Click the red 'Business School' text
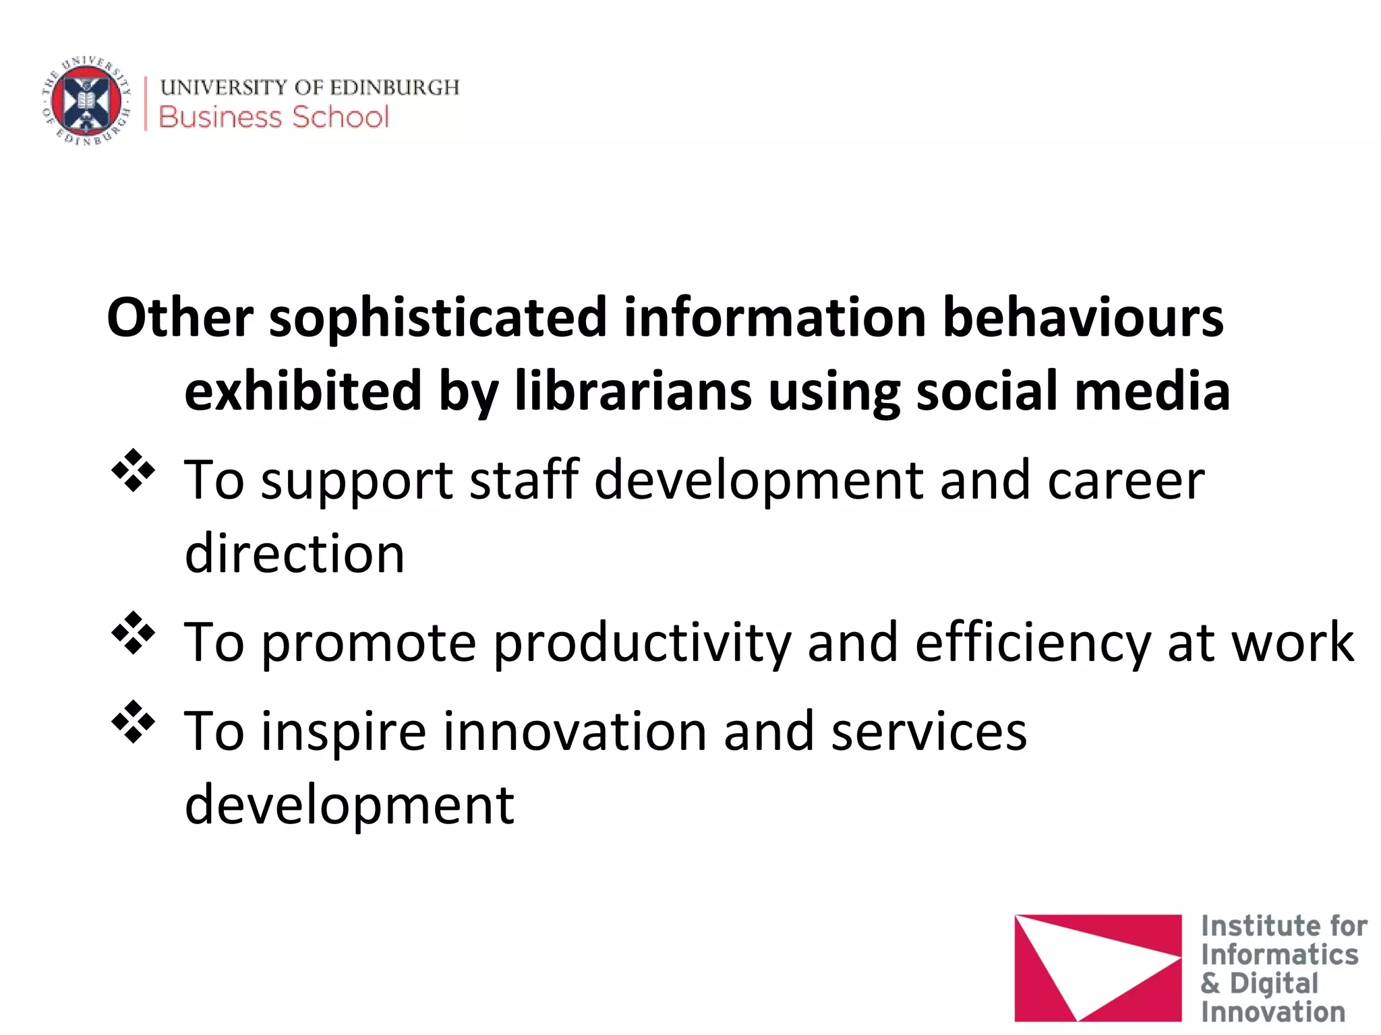[x=274, y=117]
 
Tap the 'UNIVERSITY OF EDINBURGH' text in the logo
[x=310, y=88]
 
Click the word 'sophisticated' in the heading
[x=438, y=318]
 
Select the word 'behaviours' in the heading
[x=1082, y=318]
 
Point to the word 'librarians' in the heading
[x=633, y=391]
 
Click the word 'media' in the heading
[x=1152, y=391]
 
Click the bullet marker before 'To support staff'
[x=133, y=470]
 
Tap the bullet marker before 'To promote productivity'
[x=133, y=632]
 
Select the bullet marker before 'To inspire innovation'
[x=133, y=722]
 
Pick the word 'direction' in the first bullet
[x=295, y=554]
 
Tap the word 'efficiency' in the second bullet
[x=1032, y=643]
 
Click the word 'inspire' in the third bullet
[x=344, y=732]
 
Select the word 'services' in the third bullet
[x=929, y=732]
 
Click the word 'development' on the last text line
[x=349, y=805]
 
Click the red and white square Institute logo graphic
[x=1098, y=968]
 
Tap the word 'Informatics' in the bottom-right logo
[x=1279, y=955]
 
